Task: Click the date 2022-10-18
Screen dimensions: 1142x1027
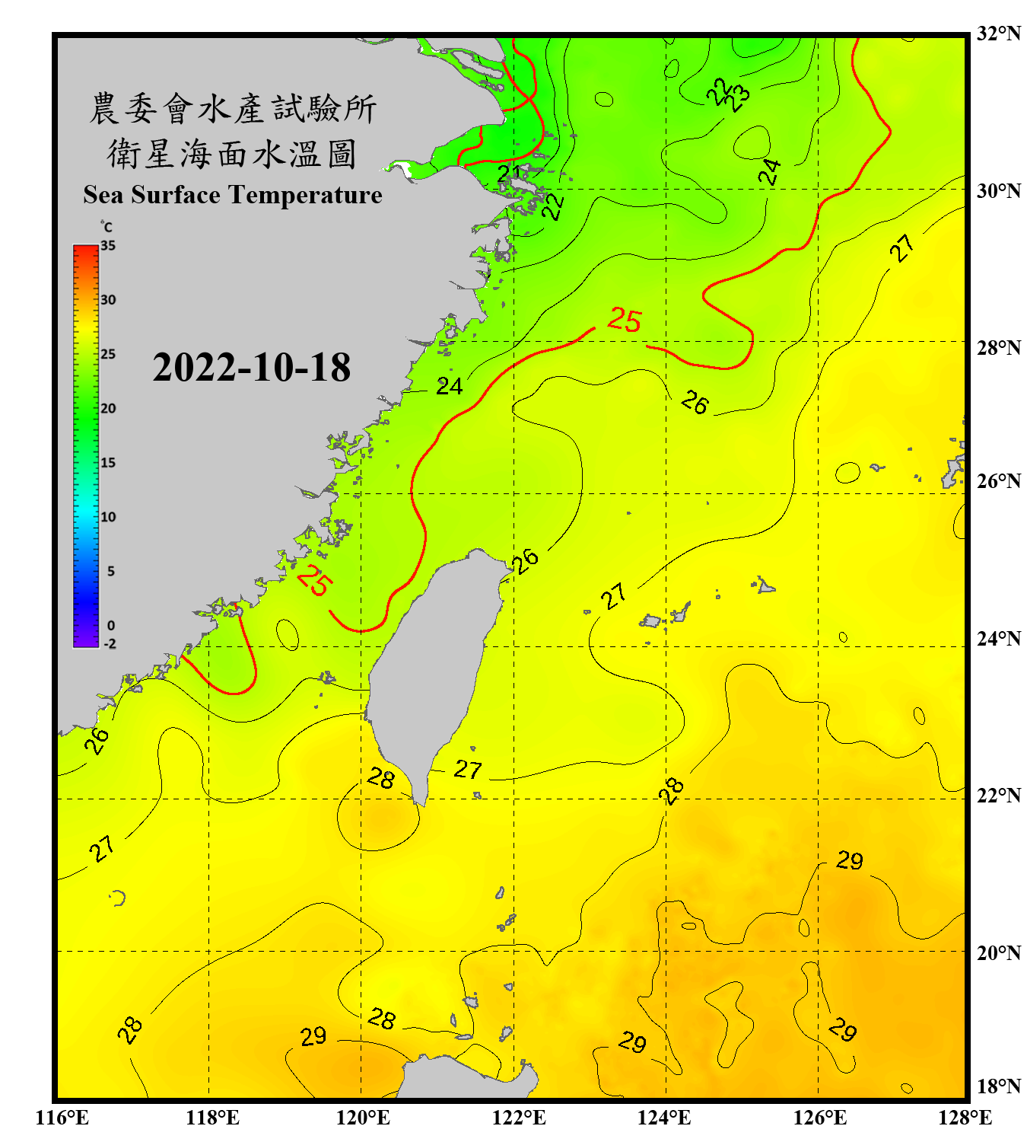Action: (x=251, y=368)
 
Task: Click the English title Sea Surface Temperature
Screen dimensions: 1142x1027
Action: (x=233, y=195)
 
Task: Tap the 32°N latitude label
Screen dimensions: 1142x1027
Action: (x=998, y=33)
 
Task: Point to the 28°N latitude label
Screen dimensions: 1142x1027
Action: (x=998, y=348)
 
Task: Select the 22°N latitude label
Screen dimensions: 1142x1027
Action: (x=998, y=796)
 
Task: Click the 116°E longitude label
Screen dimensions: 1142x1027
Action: (x=62, y=1118)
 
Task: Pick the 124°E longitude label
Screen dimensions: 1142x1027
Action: (x=664, y=1118)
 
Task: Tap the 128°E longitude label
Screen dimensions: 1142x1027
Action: (x=965, y=1118)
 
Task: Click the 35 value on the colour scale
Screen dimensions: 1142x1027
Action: (x=108, y=246)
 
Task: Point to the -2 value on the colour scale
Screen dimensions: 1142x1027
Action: (x=110, y=644)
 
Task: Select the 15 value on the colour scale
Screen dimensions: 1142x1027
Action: (x=108, y=463)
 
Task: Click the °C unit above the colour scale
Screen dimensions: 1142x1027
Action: (x=106, y=227)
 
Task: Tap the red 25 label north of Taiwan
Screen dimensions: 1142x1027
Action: (x=625, y=321)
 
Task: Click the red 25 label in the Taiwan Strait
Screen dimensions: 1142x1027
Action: (x=314, y=580)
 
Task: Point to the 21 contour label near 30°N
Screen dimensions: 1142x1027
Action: (x=509, y=173)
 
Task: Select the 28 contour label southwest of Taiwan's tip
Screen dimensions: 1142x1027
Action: (x=381, y=778)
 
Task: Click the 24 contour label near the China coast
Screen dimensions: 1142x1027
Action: (x=449, y=387)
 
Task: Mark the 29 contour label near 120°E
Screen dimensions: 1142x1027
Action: (x=313, y=1036)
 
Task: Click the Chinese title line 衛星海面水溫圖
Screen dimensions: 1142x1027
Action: (x=232, y=155)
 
